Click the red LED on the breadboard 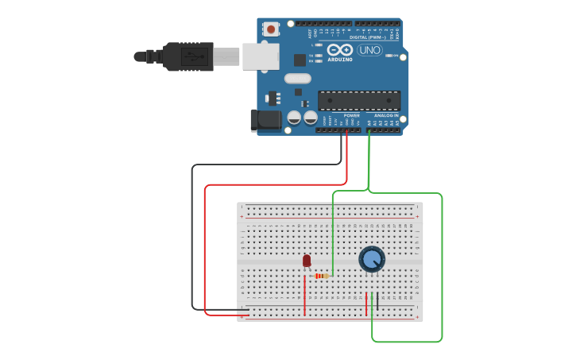307,261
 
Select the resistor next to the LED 321,276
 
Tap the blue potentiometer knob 371,259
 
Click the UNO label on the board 369,50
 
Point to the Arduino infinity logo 339,49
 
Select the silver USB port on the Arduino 261,56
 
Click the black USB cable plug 187,56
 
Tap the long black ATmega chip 358,101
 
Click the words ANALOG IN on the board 386,115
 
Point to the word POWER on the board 351,115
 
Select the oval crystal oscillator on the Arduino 297,79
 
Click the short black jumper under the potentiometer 377,301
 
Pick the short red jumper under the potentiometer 366,304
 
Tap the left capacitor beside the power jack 294,118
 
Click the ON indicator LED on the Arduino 389,56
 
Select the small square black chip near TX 300,60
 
